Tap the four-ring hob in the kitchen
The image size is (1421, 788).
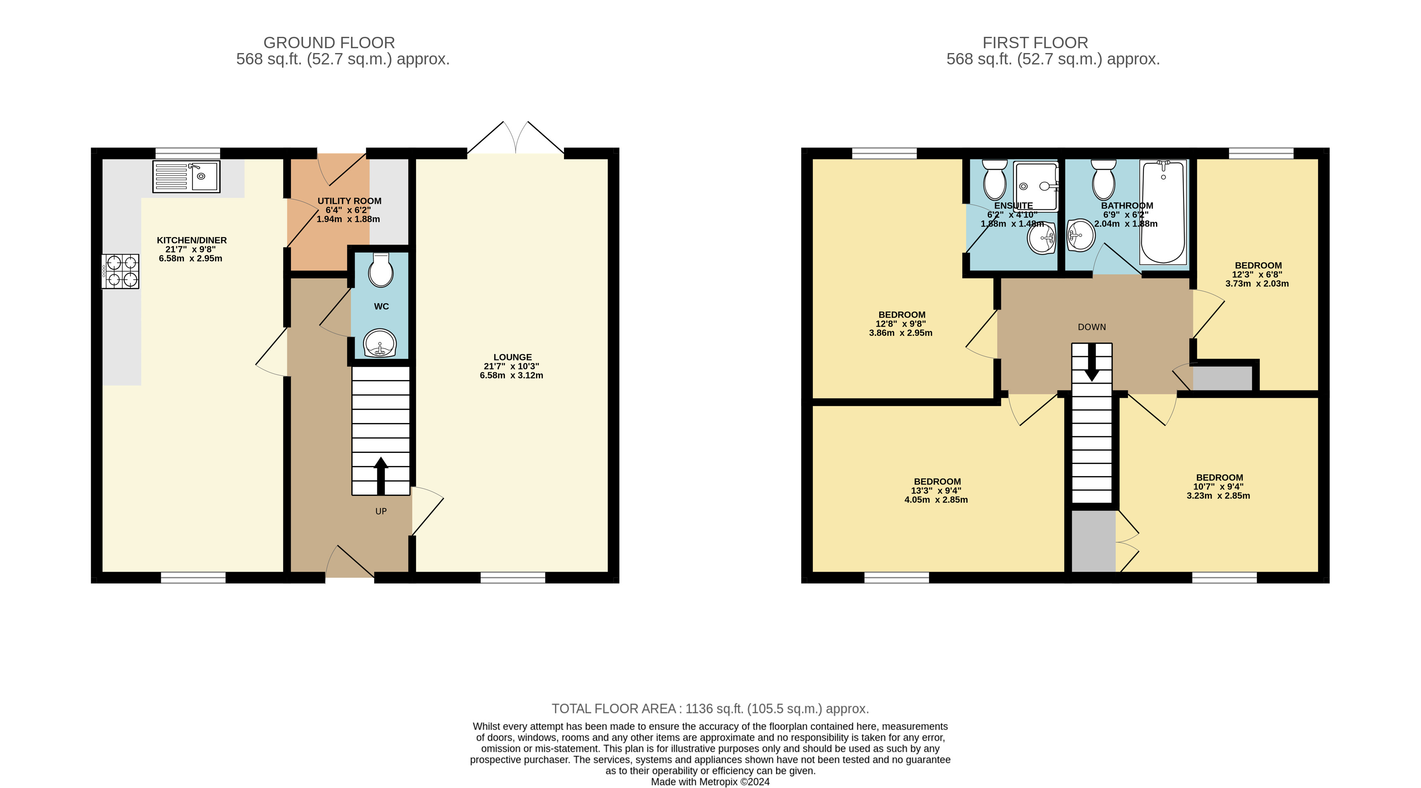tap(120, 271)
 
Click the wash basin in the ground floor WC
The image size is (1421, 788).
tap(380, 344)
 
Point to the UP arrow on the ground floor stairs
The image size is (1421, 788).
tap(380, 474)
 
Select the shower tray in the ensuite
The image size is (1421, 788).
tap(1035, 186)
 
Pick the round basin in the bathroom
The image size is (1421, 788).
tap(1081, 235)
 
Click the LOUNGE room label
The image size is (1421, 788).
tap(513, 357)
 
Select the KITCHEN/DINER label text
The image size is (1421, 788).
tap(191, 240)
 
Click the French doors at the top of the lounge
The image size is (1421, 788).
tap(516, 138)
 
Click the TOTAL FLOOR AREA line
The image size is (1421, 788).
tap(710, 709)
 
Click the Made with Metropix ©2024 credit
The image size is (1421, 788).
tap(710, 782)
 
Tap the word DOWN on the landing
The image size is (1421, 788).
tap(1092, 327)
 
